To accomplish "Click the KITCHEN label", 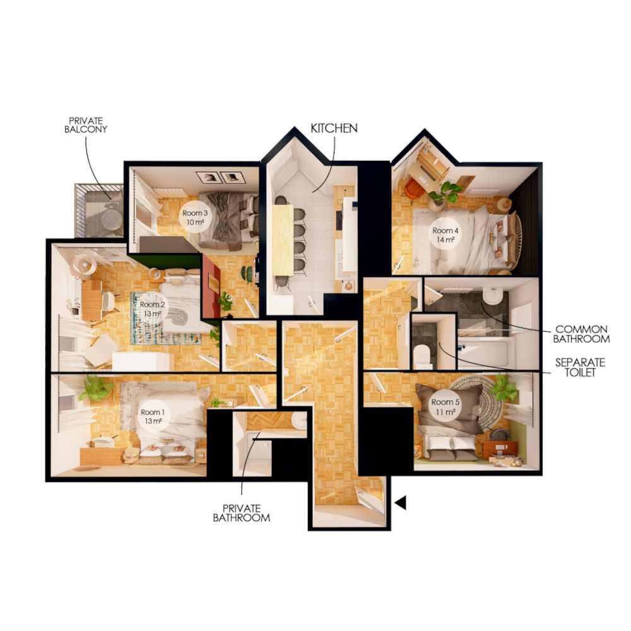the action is pos(334,128).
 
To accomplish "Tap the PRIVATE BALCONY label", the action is pos(86,125).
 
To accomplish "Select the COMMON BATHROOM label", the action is pos(581,334).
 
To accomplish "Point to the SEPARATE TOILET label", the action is pos(580,367).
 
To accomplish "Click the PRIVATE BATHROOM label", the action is pos(242,513).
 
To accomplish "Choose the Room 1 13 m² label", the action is pos(152,416).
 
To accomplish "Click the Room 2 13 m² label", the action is pos(151,309).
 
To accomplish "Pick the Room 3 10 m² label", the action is pos(195,217).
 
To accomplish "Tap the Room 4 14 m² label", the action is pos(445,235).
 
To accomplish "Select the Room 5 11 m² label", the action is pos(445,407).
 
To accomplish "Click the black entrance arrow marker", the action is pos(401,503).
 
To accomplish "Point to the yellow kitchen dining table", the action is pos(283,240).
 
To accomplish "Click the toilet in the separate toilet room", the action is pos(423,355).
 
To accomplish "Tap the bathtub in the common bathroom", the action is pos(486,352).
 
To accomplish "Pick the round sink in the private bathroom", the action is pos(299,420).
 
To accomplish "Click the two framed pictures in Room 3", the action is pos(220,177).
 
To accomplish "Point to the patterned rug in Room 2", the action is pos(165,319).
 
